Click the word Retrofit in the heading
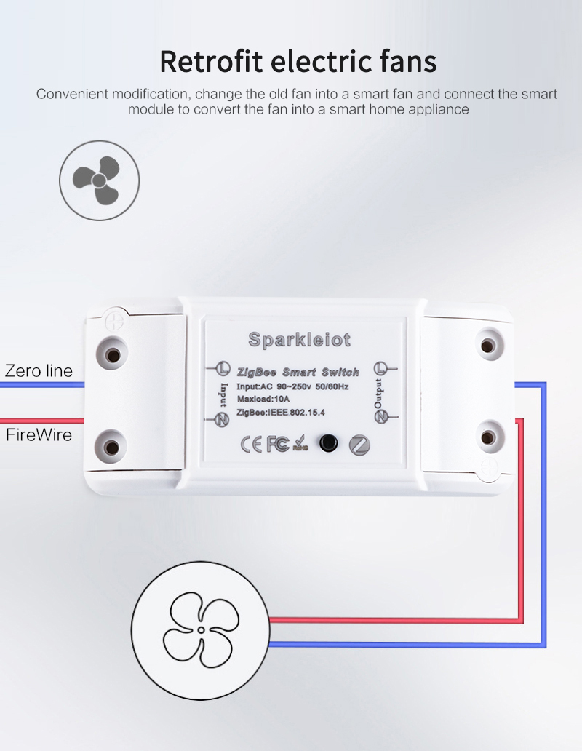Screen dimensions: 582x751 (211, 61)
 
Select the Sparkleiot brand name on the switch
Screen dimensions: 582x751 (300, 340)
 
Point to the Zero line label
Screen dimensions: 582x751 (39, 370)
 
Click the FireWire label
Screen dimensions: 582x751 (39, 434)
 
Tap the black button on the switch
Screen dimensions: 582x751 (328, 442)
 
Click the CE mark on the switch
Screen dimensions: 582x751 (252, 445)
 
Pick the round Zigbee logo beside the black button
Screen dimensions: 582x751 (359, 445)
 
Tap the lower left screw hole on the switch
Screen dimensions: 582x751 (111, 448)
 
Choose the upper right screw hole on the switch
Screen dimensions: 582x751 (487, 345)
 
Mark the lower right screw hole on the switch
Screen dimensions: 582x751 (487, 437)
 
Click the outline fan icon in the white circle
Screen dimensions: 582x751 (201, 629)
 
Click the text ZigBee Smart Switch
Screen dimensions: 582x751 (298, 372)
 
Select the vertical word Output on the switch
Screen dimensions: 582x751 (378, 394)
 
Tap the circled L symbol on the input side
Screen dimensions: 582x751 (222, 369)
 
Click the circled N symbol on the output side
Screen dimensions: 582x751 (381, 417)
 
